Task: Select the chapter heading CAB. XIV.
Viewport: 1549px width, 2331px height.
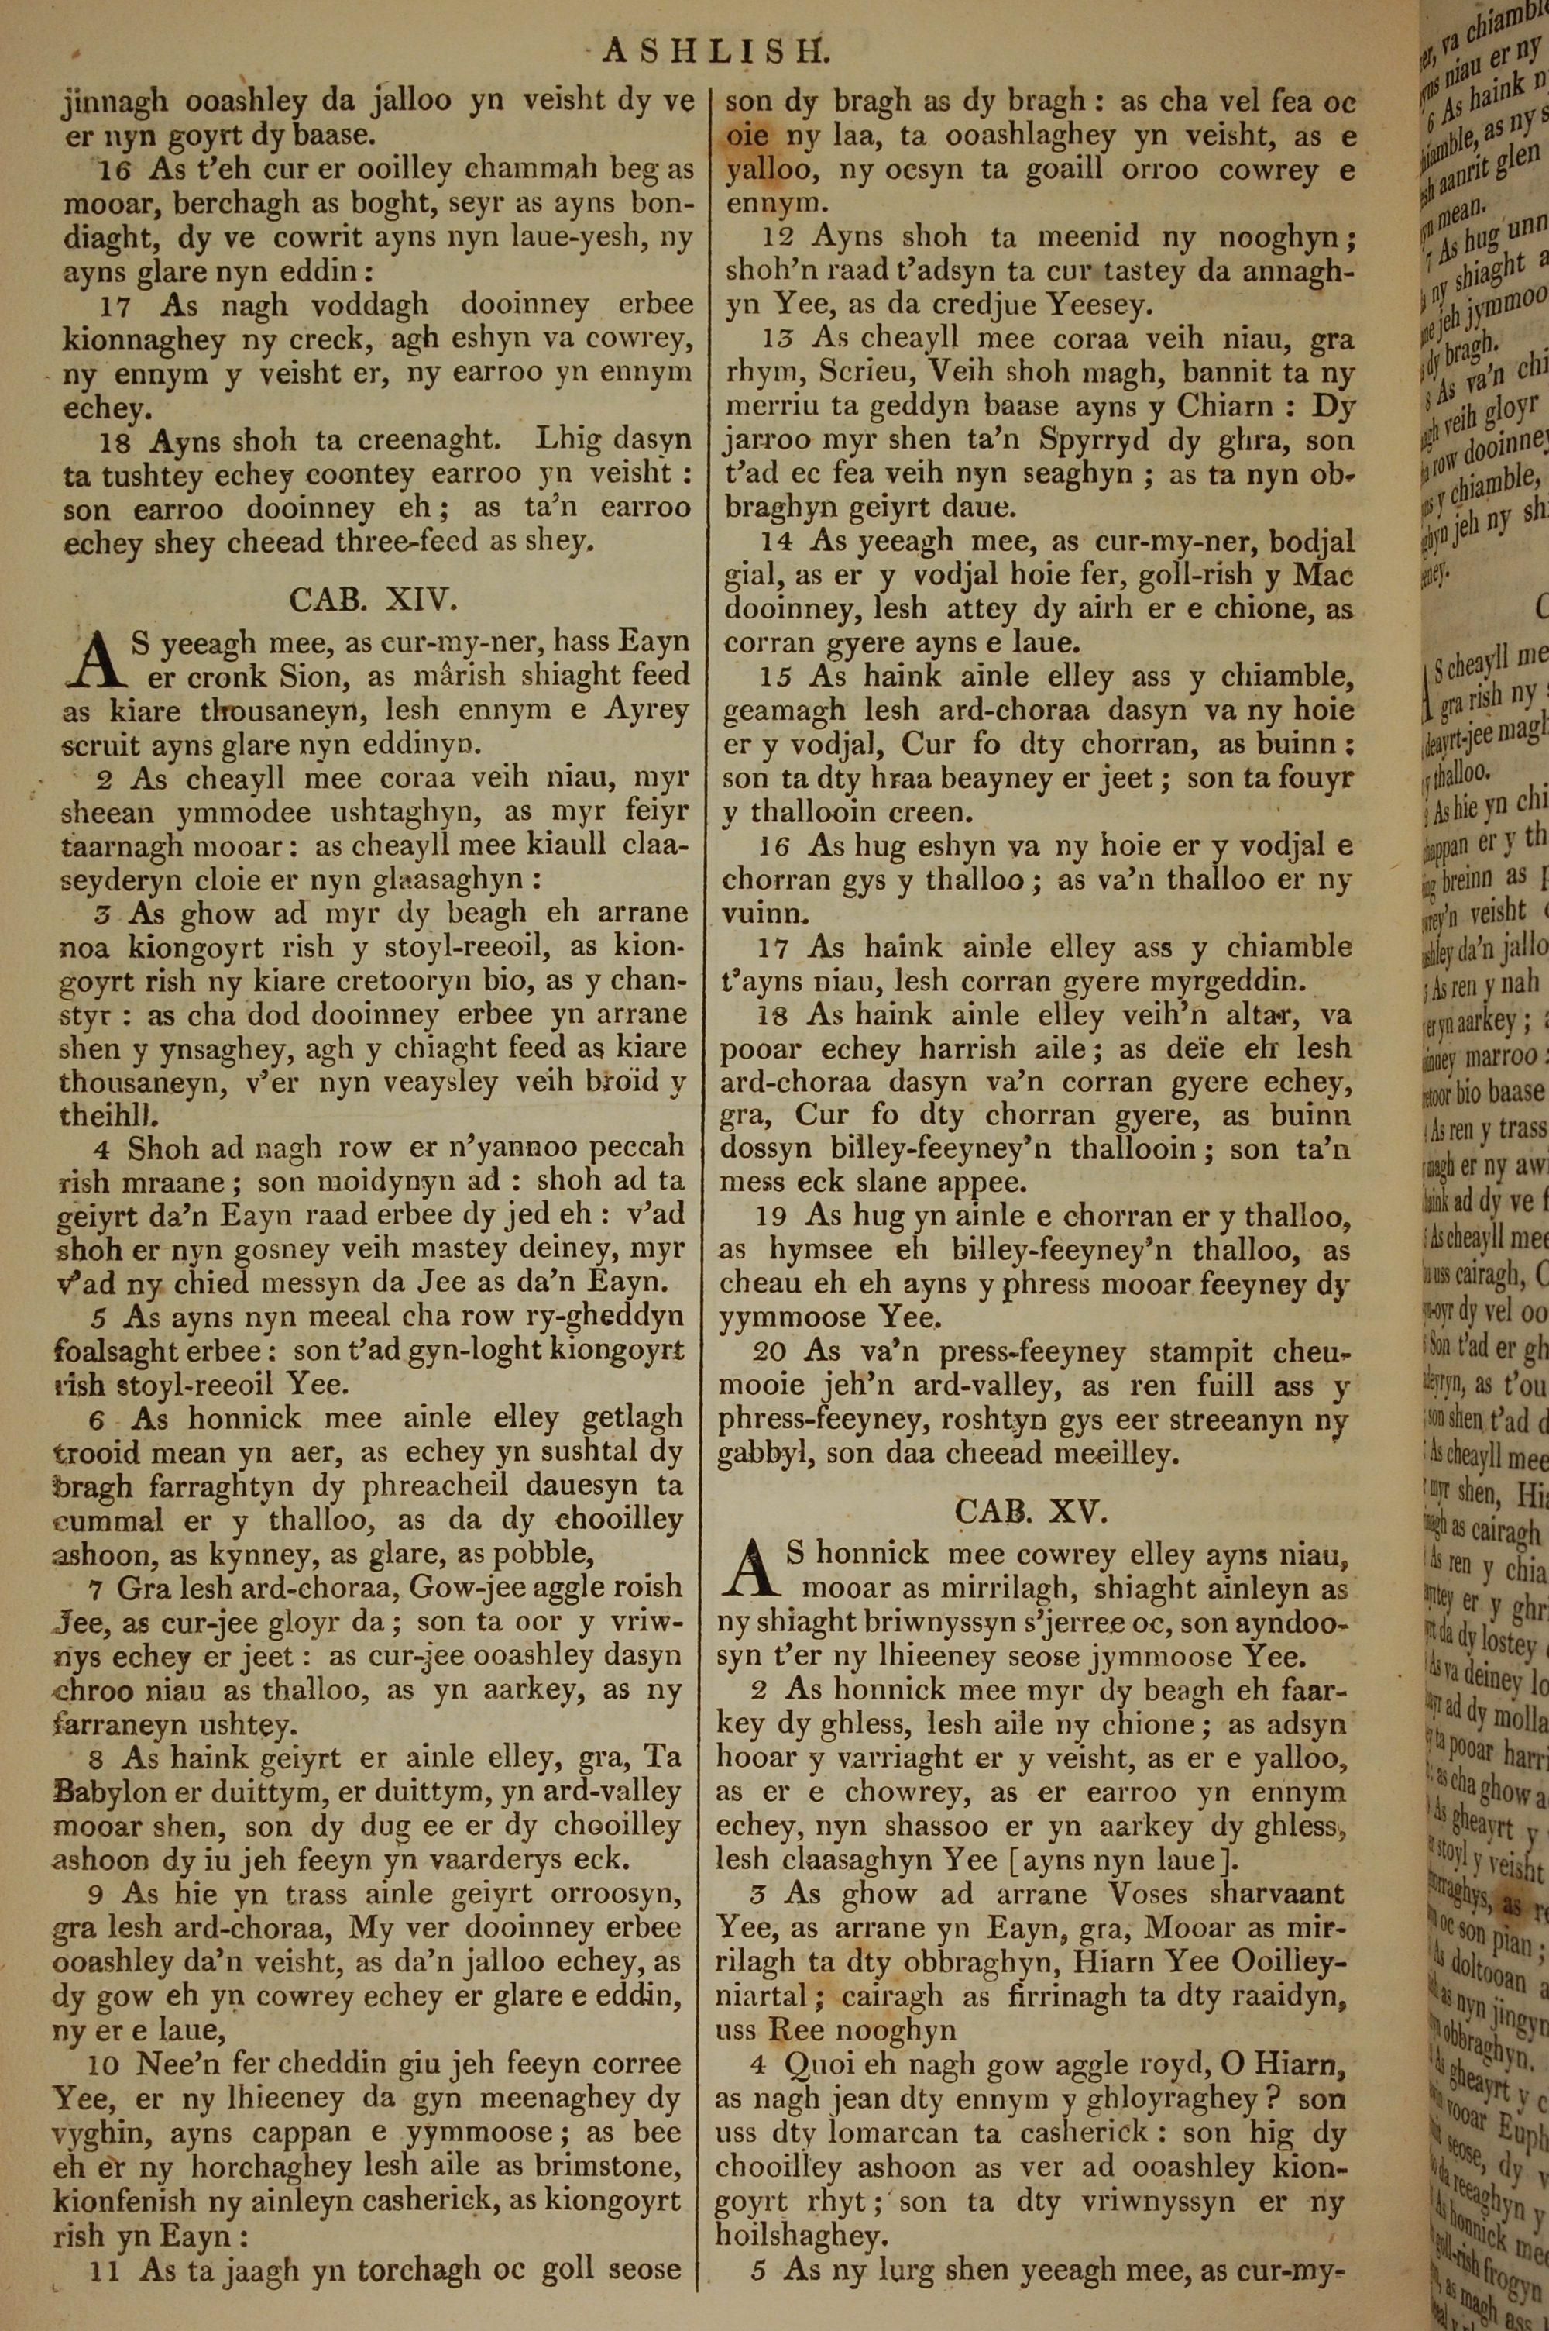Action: [x=373, y=599]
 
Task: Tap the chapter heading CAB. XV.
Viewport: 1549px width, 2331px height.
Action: [x=1033, y=1511]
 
